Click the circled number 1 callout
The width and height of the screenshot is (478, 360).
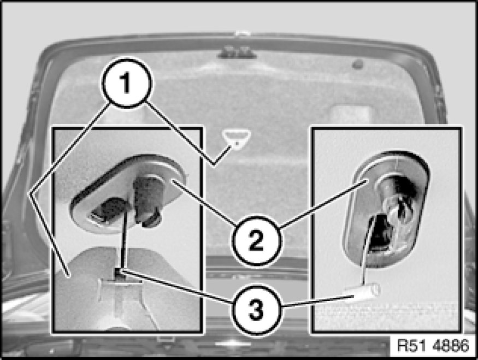click(127, 82)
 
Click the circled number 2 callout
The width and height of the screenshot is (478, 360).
click(256, 241)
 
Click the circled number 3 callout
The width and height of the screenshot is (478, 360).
click(256, 310)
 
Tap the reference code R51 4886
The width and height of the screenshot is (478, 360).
click(433, 345)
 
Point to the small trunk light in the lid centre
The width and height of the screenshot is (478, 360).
click(236, 137)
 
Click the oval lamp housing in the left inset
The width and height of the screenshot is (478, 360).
click(128, 194)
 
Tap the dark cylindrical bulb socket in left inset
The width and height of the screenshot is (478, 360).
click(146, 199)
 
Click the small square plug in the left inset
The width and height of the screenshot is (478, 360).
click(120, 272)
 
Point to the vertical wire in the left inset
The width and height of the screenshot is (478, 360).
click(124, 238)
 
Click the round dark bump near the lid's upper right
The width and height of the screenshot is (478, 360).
click(358, 64)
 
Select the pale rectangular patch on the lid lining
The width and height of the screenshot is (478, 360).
click(351, 114)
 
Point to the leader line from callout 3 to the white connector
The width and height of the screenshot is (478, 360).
click(317, 300)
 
